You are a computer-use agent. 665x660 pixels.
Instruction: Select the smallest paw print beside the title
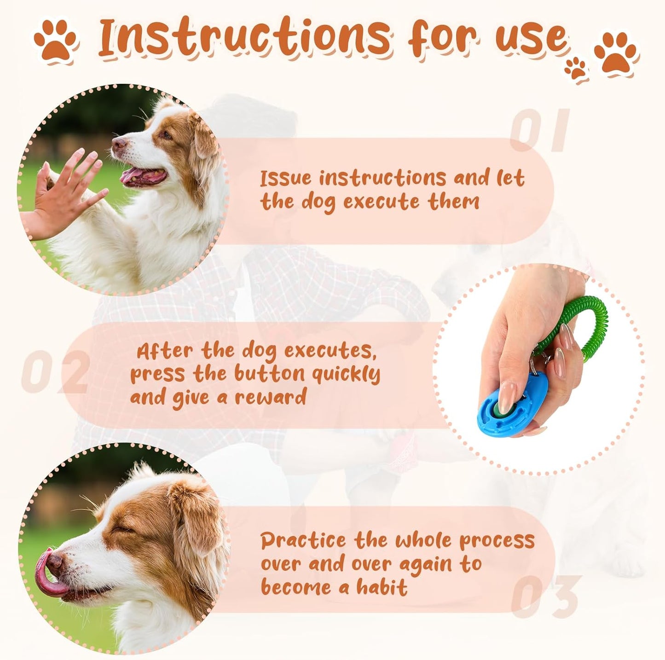[x=576, y=69]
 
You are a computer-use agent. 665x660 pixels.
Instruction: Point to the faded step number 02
[x=55, y=372]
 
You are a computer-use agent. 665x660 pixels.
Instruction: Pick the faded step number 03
[x=546, y=596]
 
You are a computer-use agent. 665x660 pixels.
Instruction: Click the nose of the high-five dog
[x=119, y=145]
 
